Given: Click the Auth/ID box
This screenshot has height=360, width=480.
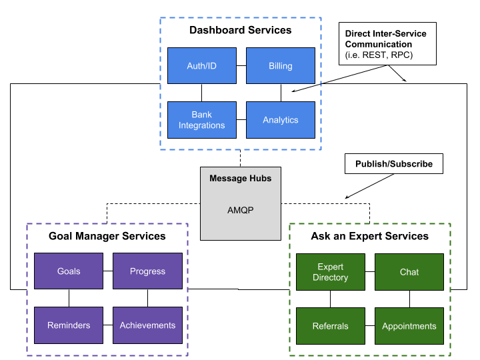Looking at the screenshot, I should (201, 66).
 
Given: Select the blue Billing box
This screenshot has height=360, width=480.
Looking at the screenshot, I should (280, 66).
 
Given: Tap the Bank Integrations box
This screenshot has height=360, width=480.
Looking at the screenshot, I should (201, 120).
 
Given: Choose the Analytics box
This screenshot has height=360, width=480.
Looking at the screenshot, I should (280, 120).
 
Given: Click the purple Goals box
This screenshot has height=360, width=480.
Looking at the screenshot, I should (69, 271).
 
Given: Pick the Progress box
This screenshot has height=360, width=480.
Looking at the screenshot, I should (147, 271).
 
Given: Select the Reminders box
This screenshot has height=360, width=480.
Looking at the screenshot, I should (69, 325).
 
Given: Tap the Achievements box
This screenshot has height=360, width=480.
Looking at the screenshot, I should (147, 325).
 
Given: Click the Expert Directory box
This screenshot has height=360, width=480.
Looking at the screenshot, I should (330, 272).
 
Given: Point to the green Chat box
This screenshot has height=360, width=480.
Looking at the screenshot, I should (409, 272).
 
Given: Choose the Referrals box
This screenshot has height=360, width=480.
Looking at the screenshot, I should (330, 326).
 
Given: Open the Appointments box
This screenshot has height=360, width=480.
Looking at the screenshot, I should (409, 326).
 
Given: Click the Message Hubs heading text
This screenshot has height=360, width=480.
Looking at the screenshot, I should (240, 178).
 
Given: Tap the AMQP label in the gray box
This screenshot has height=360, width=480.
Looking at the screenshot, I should (240, 210).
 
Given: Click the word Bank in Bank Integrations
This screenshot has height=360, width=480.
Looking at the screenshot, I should (201, 115).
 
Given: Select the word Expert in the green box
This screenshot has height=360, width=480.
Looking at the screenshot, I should (331, 267).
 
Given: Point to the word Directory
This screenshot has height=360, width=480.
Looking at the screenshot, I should (330, 277).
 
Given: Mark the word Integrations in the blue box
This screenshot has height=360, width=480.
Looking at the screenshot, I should (201, 125).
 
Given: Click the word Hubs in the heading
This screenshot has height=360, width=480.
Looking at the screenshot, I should (260, 178).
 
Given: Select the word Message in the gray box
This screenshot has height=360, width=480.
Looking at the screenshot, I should (228, 178).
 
